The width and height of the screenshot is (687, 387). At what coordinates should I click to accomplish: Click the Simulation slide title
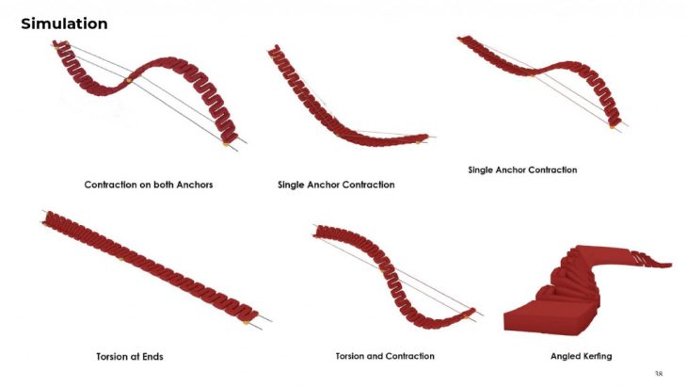64,24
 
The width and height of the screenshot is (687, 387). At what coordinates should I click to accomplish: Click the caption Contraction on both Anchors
149,185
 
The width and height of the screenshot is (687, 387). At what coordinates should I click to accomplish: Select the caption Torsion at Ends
136,357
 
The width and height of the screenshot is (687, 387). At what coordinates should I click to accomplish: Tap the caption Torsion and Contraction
385,357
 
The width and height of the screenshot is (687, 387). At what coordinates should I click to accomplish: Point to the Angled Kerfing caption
583,357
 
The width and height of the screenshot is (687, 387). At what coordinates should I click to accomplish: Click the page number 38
658,372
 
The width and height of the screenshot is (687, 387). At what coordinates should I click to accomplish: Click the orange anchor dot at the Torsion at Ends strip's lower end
248,322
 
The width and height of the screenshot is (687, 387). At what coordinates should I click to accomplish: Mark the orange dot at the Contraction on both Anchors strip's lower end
226,143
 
